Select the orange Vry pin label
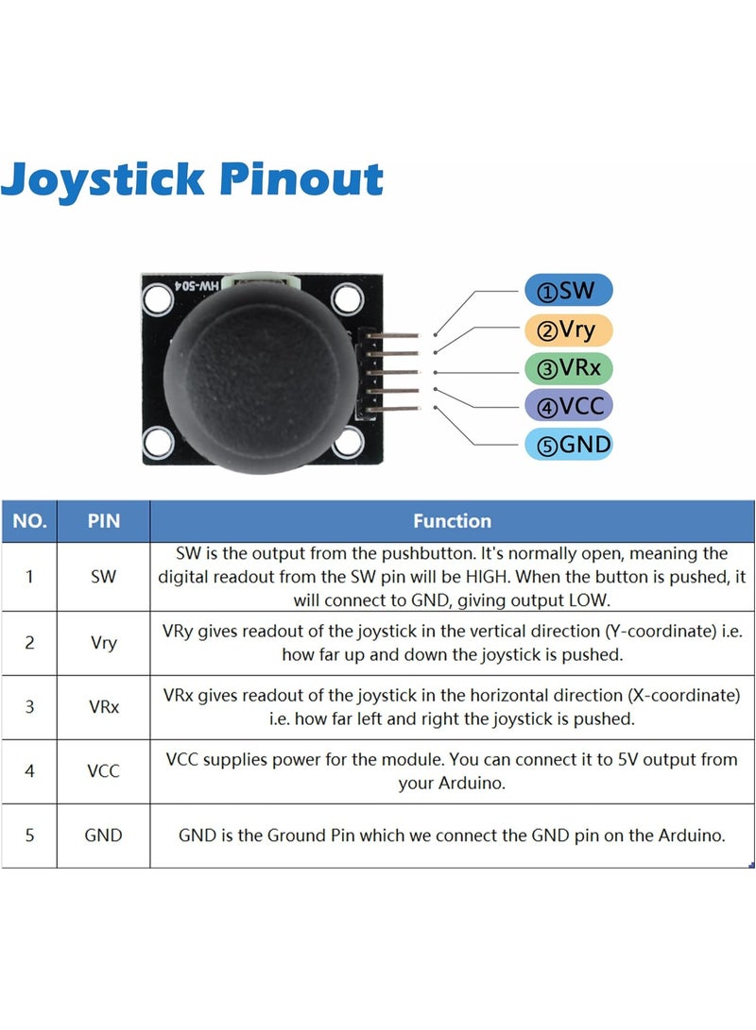coord(569,330)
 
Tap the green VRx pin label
coord(569,368)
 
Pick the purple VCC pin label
coord(569,407)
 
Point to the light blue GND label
coord(569,445)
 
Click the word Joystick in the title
coord(104,179)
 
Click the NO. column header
coord(29,521)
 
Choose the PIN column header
coord(103,521)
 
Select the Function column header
coord(452,521)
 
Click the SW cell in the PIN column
coord(103,577)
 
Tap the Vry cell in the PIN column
coord(103,643)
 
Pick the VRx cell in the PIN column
coord(103,706)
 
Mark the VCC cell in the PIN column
coord(103,771)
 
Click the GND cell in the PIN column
coord(103,836)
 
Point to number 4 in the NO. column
coord(29,771)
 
